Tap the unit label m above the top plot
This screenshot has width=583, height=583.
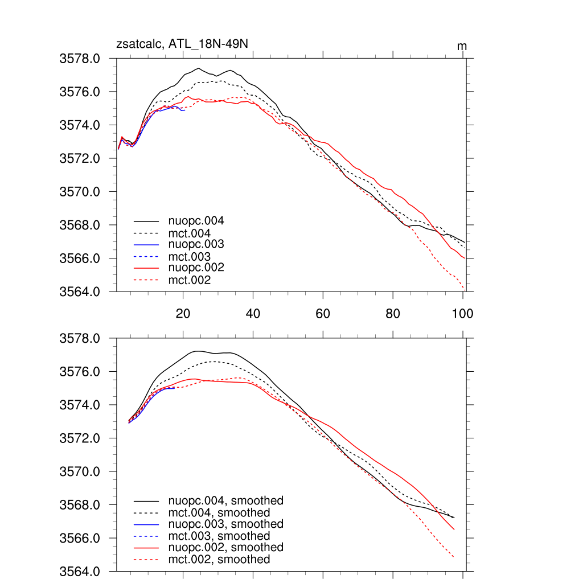point(462,46)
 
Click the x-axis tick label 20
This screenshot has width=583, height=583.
point(183,314)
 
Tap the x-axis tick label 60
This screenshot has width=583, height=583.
point(323,314)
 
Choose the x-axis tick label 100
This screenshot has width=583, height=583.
point(462,314)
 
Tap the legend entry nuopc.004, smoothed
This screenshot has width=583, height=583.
point(225,501)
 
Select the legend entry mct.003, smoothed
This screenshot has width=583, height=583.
point(219,536)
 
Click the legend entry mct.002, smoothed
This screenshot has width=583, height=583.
point(219,560)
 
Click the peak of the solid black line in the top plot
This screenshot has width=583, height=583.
point(199,68)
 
